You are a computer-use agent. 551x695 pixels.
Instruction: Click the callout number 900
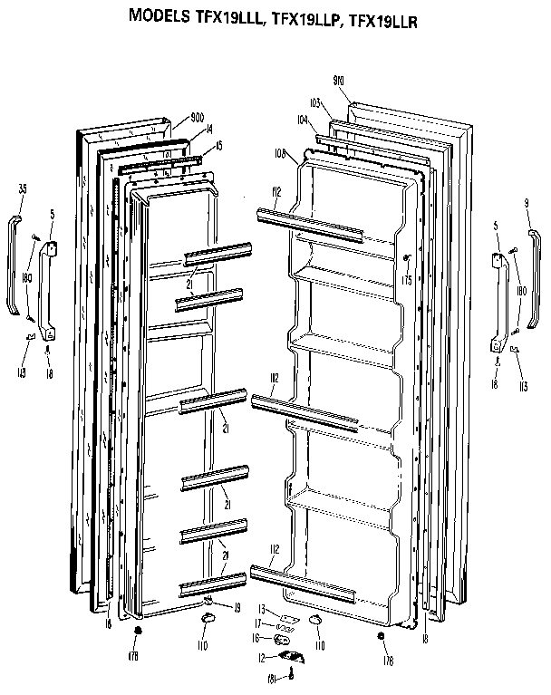188,118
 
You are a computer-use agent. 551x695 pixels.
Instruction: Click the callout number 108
281,155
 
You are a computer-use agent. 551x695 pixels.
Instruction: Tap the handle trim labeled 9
534,281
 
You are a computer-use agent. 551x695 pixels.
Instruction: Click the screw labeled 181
292,671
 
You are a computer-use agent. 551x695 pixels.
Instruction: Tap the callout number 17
258,623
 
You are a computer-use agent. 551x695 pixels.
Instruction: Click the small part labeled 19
208,601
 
